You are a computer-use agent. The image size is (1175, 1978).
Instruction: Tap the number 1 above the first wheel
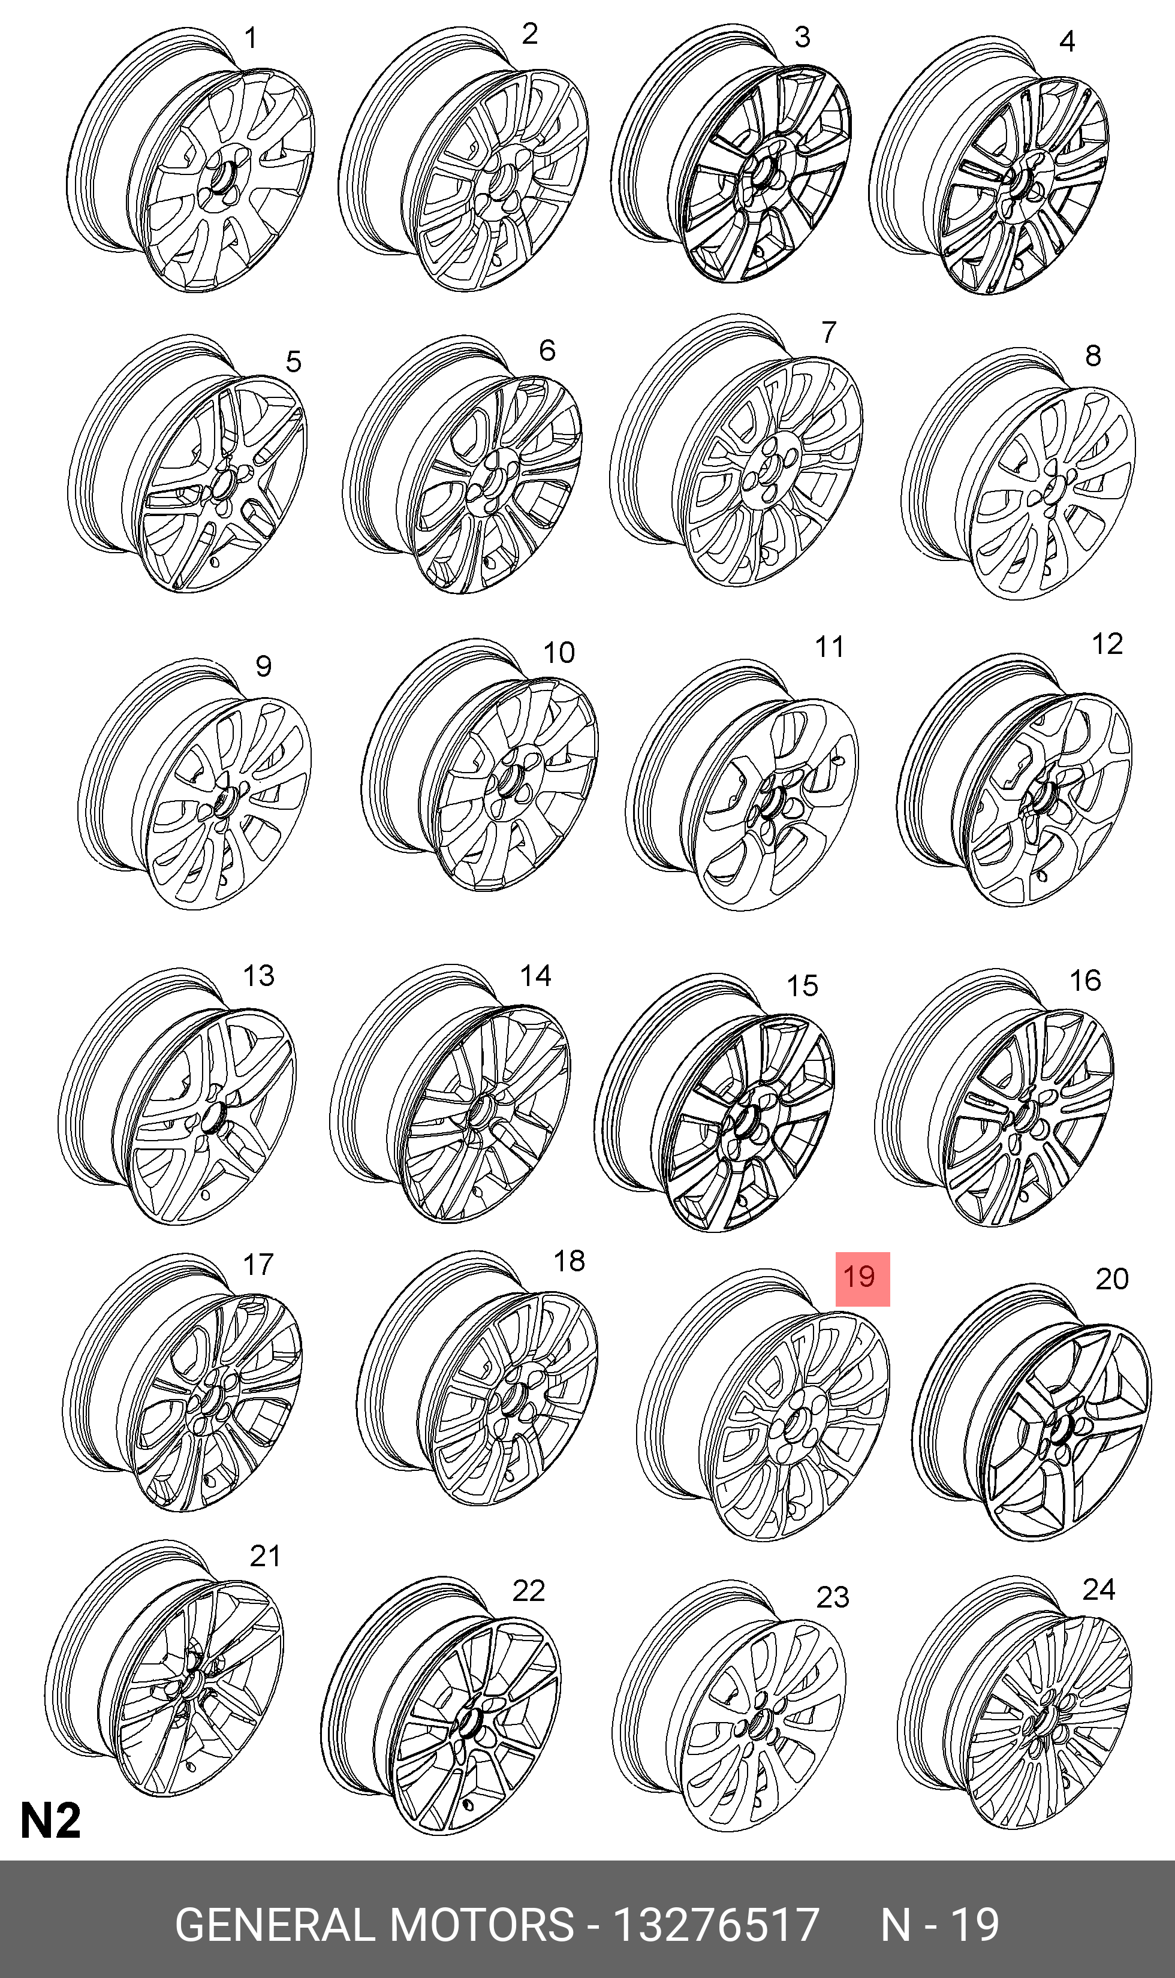tap(250, 38)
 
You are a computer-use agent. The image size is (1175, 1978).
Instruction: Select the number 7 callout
tap(828, 333)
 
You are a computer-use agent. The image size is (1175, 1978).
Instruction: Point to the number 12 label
tap(1107, 644)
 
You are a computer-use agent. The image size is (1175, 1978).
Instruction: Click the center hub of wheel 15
tap(745, 1121)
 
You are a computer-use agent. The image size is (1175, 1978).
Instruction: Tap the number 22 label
tap(528, 1590)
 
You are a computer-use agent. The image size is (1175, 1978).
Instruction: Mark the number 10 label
tap(558, 652)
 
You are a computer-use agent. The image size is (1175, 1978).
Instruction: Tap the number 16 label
tap(1084, 981)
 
